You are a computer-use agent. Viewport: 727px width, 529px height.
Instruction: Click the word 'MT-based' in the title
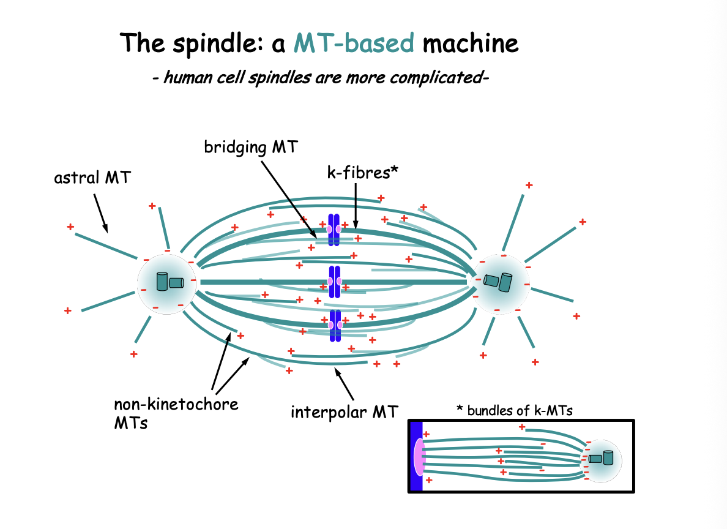click(354, 43)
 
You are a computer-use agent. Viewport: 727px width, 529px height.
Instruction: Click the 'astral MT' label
click(94, 178)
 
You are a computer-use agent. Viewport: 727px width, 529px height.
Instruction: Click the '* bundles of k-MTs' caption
click(515, 410)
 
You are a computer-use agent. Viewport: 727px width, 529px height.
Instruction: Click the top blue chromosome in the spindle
click(334, 230)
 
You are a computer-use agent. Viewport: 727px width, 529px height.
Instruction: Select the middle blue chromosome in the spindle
click(334, 282)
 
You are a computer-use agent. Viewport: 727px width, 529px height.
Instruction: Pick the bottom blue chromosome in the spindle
click(334, 325)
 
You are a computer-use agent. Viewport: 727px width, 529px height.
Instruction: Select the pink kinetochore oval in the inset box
click(419, 457)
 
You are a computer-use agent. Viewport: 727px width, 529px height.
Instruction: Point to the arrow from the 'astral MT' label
click(100, 214)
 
